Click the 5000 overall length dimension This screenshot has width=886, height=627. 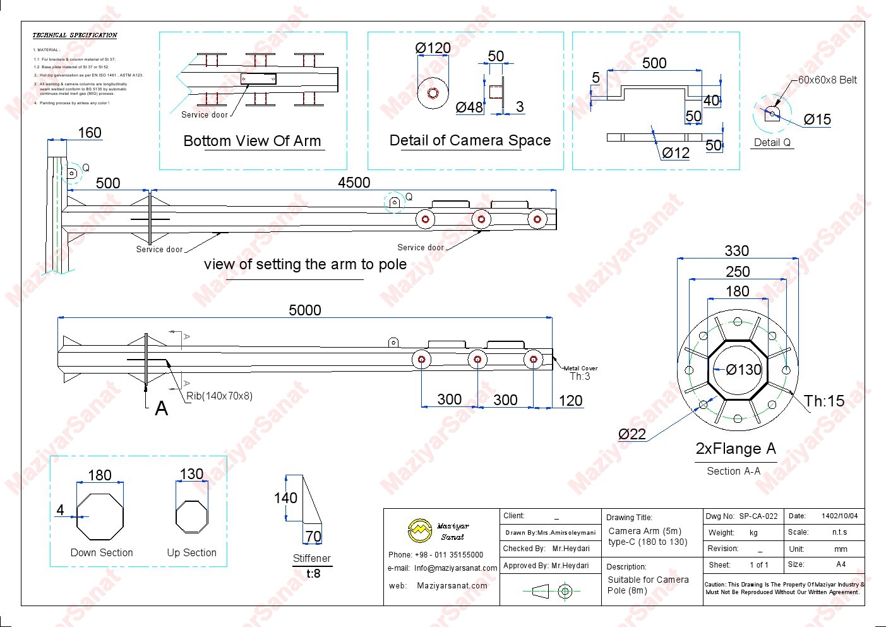pyautogui.click(x=305, y=310)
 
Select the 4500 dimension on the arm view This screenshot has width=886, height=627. pyautogui.click(x=354, y=183)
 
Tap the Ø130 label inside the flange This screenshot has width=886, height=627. pyautogui.click(x=743, y=370)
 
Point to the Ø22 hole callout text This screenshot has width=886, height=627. pyautogui.click(x=632, y=434)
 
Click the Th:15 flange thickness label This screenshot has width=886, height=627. pyautogui.click(x=824, y=401)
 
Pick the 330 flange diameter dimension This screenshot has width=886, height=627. pyautogui.click(x=737, y=251)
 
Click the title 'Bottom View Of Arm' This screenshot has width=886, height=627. pyautogui.click(x=252, y=141)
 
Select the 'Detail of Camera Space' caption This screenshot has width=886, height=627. pyautogui.click(x=470, y=140)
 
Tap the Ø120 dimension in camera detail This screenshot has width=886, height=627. pyautogui.click(x=433, y=48)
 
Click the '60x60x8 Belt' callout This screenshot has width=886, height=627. pyautogui.click(x=827, y=80)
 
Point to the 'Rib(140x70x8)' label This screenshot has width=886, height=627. pyautogui.click(x=219, y=396)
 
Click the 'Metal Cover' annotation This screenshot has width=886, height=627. pyautogui.click(x=580, y=368)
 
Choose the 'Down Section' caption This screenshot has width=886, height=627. pyautogui.click(x=102, y=553)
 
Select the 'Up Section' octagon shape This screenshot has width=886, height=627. pyautogui.click(x=191, y=516)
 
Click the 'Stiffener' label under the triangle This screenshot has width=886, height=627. pyautogui.click(x=311, y=558)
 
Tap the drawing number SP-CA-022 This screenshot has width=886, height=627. pyautogui.click(x=758, y=516)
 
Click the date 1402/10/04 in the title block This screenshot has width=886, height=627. pyautogui.click(x=839, y=516)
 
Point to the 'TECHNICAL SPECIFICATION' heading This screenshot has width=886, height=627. pyautogui.click(x=75, y=35)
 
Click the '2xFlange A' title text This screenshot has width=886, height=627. pyautogui.click(x=736, y=449)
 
